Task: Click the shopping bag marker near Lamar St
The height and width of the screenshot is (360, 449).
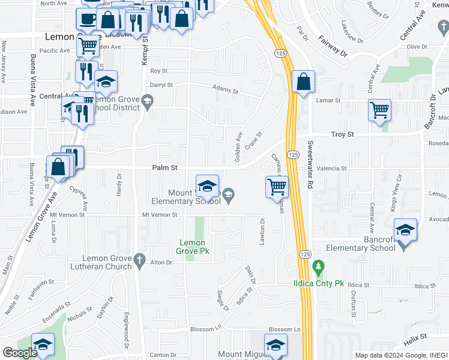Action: (304, 82)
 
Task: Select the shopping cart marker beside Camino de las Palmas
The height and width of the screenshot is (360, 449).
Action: (277, 187)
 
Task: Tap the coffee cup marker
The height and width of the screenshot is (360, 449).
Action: (88, 18)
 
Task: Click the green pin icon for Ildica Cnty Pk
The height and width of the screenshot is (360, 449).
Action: (319, 266)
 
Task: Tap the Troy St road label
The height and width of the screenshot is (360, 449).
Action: (343, 135)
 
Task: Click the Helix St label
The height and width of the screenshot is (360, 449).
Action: (414, 337)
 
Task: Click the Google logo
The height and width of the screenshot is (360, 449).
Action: (20, 353)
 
